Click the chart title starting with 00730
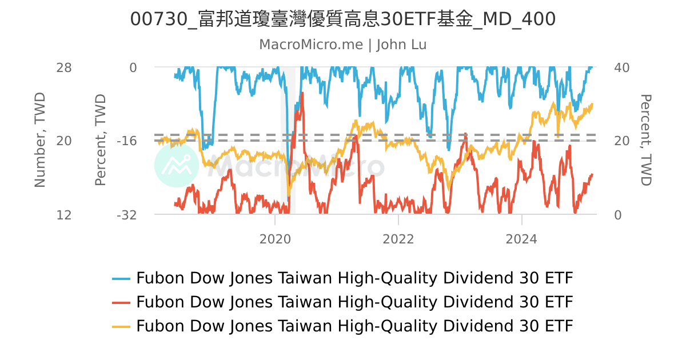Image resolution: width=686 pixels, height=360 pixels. (343, 19)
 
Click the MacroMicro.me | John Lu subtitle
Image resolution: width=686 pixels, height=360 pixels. (343, 45)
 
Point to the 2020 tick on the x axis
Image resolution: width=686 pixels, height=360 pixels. (275, 239)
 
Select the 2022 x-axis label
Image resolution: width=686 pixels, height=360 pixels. (398, 239)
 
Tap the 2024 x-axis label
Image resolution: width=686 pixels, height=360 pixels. (522, 239)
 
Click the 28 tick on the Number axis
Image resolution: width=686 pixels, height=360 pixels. (64, 67)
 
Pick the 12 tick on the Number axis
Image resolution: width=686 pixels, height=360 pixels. (64, 215)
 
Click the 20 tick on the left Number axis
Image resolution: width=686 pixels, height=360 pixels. (64, 141)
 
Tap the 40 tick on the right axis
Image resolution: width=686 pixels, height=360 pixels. (621, 67)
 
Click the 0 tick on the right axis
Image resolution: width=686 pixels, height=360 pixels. (617, 215)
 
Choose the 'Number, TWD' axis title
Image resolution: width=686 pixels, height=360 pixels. (39, 141)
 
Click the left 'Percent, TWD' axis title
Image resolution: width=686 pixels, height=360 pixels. (101, 141)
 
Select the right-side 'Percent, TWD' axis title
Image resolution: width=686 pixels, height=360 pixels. (645, 141)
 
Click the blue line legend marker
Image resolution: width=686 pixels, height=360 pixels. (121, 279)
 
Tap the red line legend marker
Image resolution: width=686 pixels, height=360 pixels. (121, 302)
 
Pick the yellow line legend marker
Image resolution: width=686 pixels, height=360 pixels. (121, 326)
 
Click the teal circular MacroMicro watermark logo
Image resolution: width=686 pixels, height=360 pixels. (177, 165)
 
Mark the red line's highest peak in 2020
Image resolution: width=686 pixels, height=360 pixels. (301, 93)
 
